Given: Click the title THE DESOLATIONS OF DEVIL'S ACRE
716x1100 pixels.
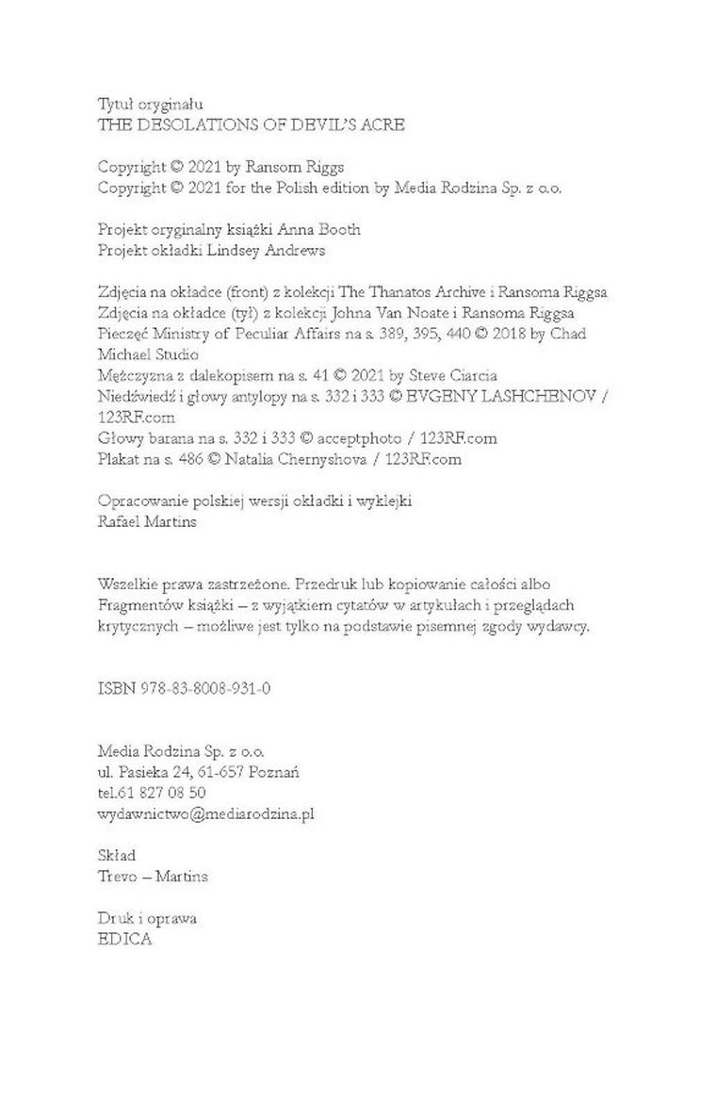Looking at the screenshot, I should (252, 124).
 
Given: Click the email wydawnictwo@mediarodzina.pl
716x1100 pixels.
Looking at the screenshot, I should (205, 813).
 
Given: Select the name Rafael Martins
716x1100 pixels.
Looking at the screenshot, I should (147, 522).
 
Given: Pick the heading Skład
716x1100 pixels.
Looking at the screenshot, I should (117, 856).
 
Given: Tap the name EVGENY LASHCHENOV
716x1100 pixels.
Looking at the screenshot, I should (508, 398).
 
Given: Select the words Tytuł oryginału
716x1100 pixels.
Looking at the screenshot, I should (151, 104).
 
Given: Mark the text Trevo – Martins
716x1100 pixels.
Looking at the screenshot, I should (153, 877).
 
